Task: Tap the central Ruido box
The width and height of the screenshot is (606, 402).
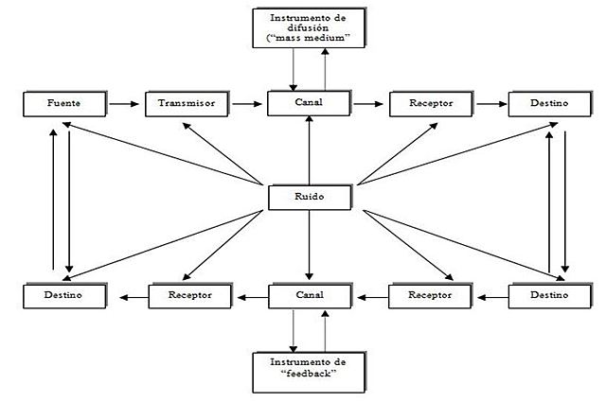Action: tap(310, 198)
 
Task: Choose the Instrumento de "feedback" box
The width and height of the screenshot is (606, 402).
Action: tap(310, 370)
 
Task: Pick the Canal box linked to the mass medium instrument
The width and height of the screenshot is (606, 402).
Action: tap(310, 103)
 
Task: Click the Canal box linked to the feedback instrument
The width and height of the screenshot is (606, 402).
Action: tap(310, 296)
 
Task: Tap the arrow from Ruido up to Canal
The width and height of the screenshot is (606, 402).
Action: tap(310, 151)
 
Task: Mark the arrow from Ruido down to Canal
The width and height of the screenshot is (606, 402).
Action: tap(310, 246)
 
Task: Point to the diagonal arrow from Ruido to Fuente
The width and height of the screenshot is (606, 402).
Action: tap(161, 151)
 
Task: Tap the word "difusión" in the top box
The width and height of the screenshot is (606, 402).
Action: tap(310, 26)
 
